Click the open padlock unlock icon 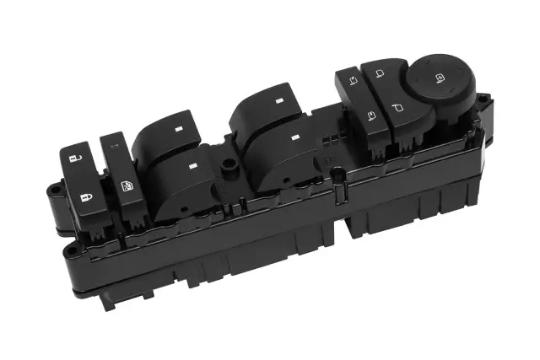[76, 158]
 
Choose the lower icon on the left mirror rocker [370, 114]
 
